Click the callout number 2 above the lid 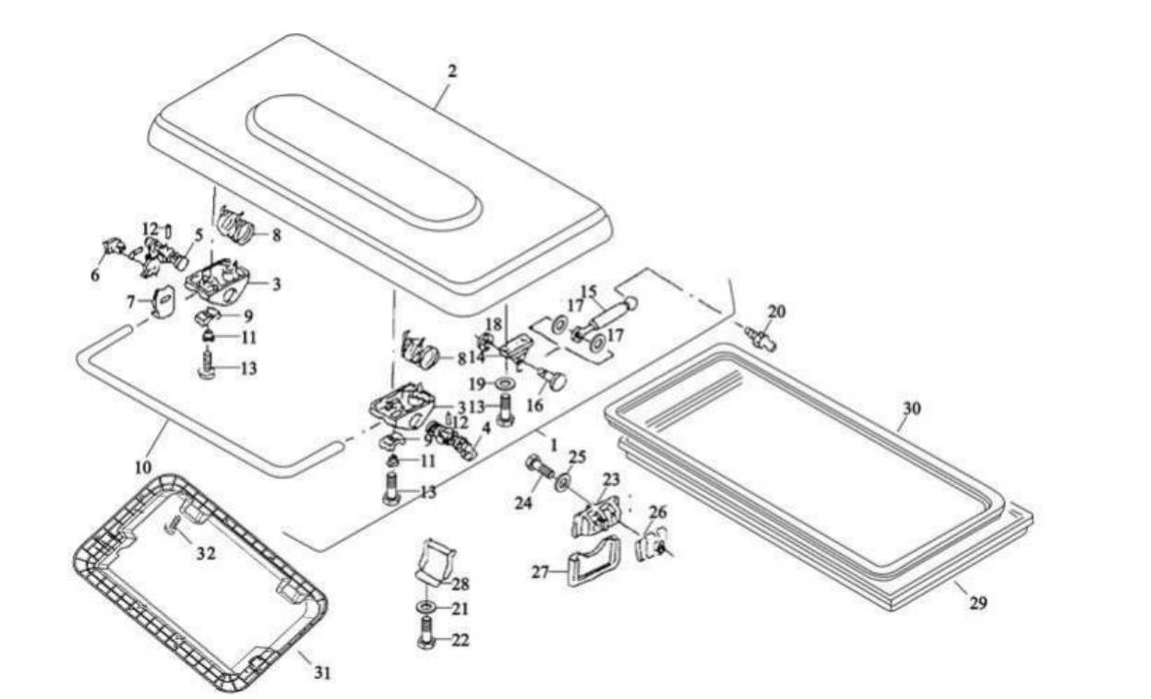coord(450,69)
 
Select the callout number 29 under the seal coord(978,604)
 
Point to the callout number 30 coord(912,407)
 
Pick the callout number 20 coord(777,313)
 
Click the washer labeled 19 coord(505,382)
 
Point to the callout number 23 coord(612,480)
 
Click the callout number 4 coord(486,428)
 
